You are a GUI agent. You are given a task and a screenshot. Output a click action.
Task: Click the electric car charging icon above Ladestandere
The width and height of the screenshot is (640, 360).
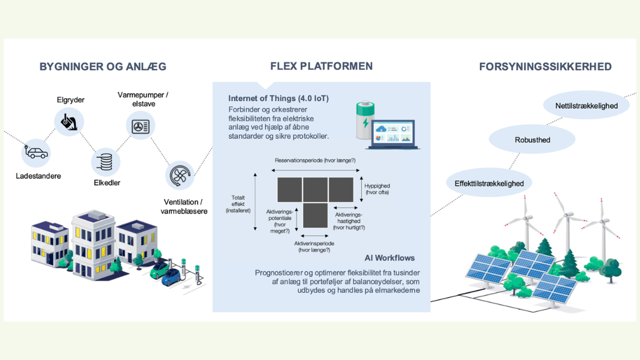coord(36,153)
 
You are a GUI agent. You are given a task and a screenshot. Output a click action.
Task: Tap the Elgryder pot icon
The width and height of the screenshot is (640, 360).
coord(69,122)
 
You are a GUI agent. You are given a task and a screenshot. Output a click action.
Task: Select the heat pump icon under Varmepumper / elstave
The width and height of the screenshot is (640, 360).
coord(140,126)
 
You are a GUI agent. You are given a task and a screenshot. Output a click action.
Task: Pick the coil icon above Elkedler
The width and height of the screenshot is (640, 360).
coord(106,162)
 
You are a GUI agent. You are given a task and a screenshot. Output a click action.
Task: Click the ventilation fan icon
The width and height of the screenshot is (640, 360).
coord(180,175)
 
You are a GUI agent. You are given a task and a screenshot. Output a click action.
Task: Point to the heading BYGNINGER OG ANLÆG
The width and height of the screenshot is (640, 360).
coord(103,67)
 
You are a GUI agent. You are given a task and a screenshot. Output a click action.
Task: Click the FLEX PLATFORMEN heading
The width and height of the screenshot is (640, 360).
coord(321,66)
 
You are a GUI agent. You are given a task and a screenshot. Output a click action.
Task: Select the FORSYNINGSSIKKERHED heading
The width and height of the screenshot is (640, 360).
coord(545,67)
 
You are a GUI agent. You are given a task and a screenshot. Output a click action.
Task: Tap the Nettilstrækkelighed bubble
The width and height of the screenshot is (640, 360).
coord(586,106)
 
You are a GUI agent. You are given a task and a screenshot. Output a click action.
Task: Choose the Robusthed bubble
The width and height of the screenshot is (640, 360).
coord(532,140)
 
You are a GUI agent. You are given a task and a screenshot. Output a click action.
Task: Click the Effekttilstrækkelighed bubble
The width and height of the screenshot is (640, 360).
coord(489,183)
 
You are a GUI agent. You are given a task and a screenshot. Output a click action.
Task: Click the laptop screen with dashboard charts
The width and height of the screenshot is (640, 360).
coord(394,133)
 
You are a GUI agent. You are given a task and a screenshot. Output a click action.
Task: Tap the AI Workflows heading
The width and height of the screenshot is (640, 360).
coord(389,258)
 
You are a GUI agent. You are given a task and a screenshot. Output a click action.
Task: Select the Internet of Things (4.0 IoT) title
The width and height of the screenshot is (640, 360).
coord(278,98)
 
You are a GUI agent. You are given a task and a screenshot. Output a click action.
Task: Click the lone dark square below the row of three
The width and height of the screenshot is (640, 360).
coord(315,215)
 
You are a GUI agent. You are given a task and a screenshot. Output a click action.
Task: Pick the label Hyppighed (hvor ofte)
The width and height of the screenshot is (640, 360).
coord(377,189)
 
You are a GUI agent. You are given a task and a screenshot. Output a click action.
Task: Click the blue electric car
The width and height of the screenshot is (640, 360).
coord(171,277)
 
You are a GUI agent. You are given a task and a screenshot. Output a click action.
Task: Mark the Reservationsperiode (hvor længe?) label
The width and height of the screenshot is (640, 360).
coord(315,160)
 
